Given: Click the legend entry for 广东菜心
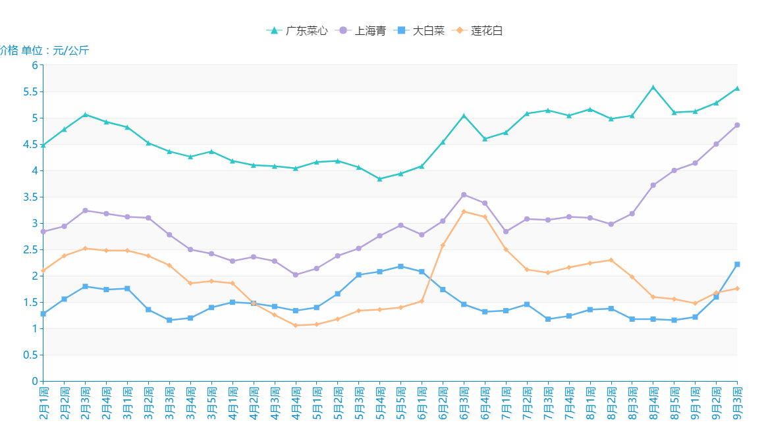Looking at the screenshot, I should [x=297, y=30].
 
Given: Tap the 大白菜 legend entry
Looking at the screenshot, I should [x=420, y=30].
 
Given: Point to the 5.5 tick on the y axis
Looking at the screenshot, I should [x=30, y=91].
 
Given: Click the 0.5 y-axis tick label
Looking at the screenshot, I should [x=30, y=355].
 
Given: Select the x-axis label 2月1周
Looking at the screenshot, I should [x=43, y=403].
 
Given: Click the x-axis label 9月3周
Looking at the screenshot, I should [x=737, y=403].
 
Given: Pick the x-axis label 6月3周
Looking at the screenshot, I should [x=464, y=403].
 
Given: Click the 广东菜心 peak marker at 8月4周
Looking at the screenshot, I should [x=653, y=87].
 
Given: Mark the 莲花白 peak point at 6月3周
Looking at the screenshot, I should [x=464, y=211].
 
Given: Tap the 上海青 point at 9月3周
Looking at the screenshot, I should [x=737, y=125].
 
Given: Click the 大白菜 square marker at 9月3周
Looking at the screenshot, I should [x=737, y=264].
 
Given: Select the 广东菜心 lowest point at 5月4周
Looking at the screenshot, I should [x=379, y=178].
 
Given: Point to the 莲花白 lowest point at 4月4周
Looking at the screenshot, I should [x=295, y=325].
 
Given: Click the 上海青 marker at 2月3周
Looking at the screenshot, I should [x=85, y=211].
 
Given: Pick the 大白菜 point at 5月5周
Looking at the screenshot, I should [x=400, y=267].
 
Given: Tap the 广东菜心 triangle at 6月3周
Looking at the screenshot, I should [x=464, y=116].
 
